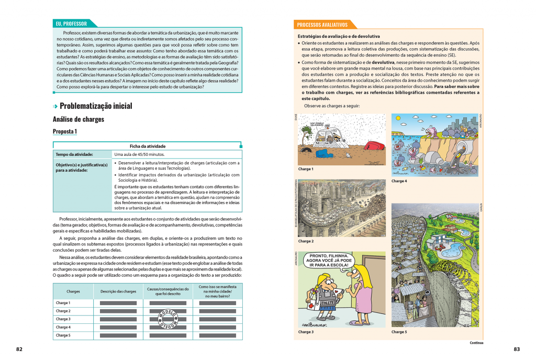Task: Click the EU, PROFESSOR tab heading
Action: click(72, 24)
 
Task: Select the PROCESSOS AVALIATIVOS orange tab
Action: click(322, 25)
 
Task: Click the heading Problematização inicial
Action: click(96, 106)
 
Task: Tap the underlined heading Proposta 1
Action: click(65, 131)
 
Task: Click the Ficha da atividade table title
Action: click(148, 146)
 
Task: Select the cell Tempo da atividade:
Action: click(75, 154)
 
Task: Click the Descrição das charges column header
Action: click(118, 291)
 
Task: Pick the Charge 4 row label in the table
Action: click(63, 327)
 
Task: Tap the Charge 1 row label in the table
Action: click(63, 303)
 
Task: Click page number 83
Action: click(516, 349)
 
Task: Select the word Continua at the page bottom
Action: click(476, 343)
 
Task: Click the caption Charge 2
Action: click(306, 241)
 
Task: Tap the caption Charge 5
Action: click(399, 332)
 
